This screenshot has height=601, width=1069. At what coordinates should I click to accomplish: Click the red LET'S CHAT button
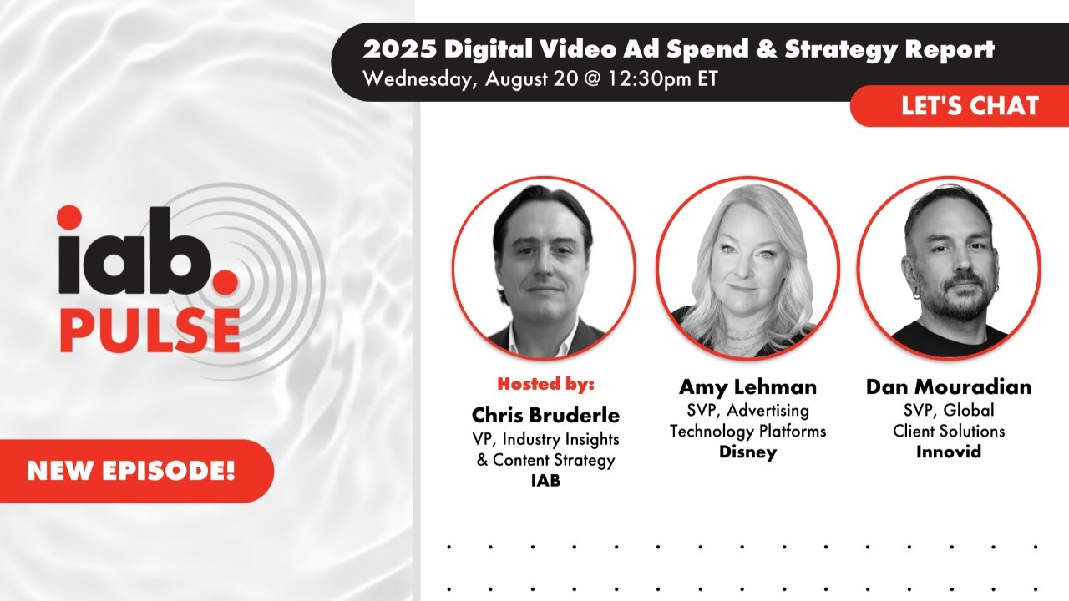tap(970, 106)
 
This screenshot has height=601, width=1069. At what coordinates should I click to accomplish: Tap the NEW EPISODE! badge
tap(131, 471)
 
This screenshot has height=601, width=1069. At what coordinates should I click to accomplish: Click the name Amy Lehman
tap(747, 387)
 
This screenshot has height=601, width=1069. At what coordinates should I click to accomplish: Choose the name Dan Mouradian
tap(948, 387)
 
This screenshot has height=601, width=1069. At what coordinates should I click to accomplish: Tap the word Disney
tap(747, 452)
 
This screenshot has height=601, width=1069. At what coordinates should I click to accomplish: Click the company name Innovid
tap(948, 452)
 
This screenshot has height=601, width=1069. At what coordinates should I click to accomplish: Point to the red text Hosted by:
tap(545, 385)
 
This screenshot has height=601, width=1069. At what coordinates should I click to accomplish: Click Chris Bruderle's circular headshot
tap(544, 267)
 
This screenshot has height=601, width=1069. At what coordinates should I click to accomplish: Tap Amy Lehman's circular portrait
tap(747, 267)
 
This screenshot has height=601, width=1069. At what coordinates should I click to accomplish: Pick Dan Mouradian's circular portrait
tap(949, 267)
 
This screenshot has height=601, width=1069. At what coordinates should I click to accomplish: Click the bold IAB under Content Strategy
tap(545, 480)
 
